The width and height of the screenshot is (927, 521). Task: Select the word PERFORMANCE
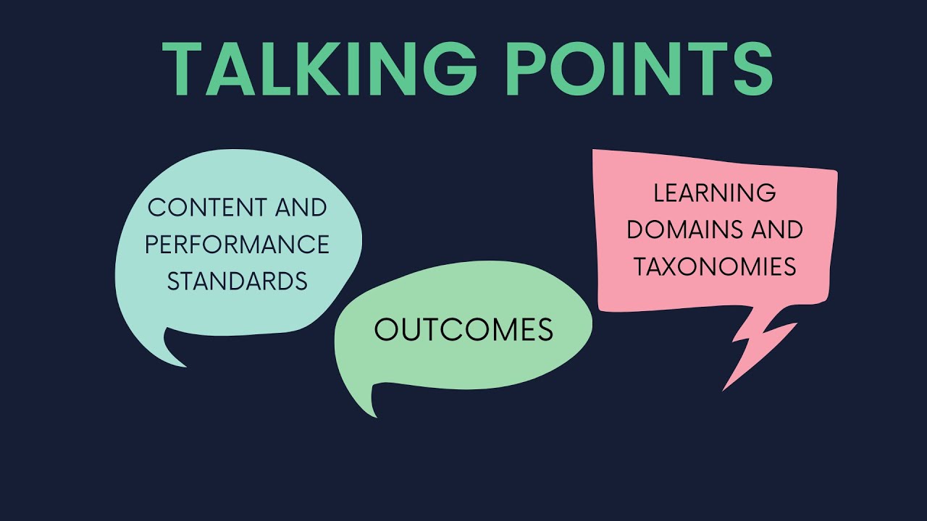(x=237, y=245)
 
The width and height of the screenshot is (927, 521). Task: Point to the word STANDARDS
(x=237, y=281)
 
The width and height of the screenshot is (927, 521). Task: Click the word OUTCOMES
(x=463, y=331)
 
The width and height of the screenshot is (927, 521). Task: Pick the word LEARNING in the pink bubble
(x=715, y=193)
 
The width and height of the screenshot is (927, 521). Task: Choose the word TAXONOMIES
(x=715, y=267)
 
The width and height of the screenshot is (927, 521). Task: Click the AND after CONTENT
(x=301, y=208)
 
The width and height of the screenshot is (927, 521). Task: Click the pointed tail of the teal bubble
(x=174, y=351)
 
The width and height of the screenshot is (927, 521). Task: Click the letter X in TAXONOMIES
(x=676, y=267)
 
